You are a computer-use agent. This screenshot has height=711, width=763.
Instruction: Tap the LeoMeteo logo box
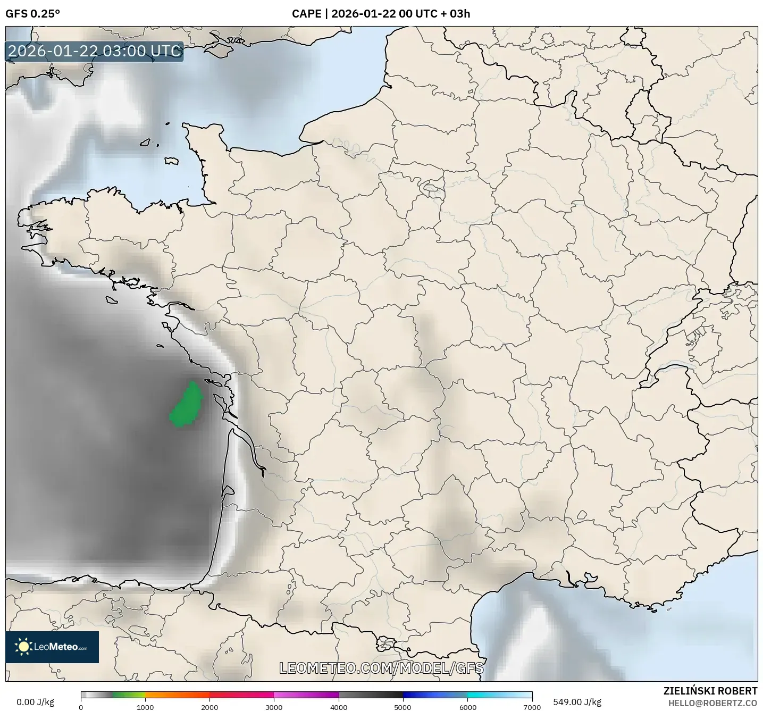pyautogui.click(x=52, y=647)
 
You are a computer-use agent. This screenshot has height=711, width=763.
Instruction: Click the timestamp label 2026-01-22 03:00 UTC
pyautogui.click(x=94, y=51)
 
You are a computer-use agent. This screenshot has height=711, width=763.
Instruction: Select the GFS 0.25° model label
pyautogui.click(x=32, y=14)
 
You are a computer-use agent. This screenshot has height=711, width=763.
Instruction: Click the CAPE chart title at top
pyautogui.click(x=381, y=14)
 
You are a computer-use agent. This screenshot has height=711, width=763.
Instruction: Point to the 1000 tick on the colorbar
pyautogui.click(x=145, y=707)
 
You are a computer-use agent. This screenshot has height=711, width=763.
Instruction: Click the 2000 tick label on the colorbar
pyautogui.click(x=209, y=707)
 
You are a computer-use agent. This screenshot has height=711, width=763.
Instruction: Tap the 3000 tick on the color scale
pyautogui.click(x=274, y=707)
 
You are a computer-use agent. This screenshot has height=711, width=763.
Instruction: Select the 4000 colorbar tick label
pyautogui.click(x=339, y=707)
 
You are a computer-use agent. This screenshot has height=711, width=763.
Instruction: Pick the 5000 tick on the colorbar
pyautogui.click(x=403, y=707)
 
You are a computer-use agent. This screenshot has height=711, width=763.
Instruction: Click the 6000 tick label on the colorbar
pyautogui.click(x=467, y=707)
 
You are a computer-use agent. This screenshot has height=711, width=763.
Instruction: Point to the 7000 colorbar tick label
pyautogui.click(x=532, y=707)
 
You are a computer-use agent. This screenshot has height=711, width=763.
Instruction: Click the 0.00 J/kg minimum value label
pyautogui.click(x=35, y=702)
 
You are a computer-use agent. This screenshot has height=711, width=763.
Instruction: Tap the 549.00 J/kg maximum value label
pyautogui.click(x=577, y=702)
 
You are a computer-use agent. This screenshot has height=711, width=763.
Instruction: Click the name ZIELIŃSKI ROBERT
pyautogui.click(x=710, y=691)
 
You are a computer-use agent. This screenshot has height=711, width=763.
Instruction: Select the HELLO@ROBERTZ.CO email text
pyautogui.click(x=712, y=703)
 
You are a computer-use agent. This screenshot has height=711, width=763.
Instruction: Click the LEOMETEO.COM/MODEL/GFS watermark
pyautogui.click(x=381, y=668)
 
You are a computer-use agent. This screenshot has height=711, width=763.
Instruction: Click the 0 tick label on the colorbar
pyautogui.click(x=81, y=707)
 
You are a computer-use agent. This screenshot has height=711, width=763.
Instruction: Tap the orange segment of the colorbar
pyautogui.click(x=177, y=695)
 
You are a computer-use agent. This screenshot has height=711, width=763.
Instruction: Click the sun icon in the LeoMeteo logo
pyautogui.click(x=23, y=647)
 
